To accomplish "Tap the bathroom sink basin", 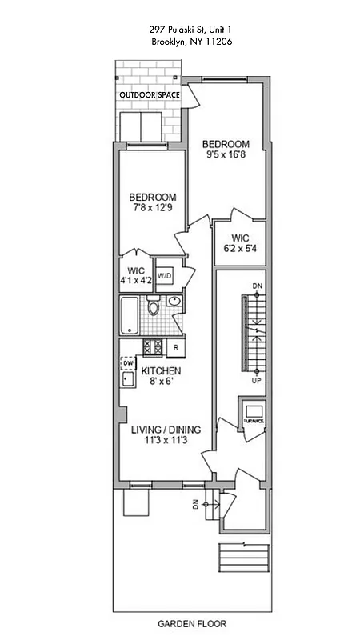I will click(x=175, y=301).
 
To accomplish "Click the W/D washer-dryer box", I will click(x=165, y=276).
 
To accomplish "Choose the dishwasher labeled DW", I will click(x=126, y=362).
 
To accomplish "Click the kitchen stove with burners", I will click(x=152, y=346).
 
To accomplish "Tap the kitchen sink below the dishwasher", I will click(x=126, y=379).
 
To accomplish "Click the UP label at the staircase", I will click(x=256, y=381).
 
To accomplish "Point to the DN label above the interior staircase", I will click(x=256, y=286).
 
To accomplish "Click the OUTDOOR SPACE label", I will click(x=149, y=94).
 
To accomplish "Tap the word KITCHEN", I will click(x=161, y=371).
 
